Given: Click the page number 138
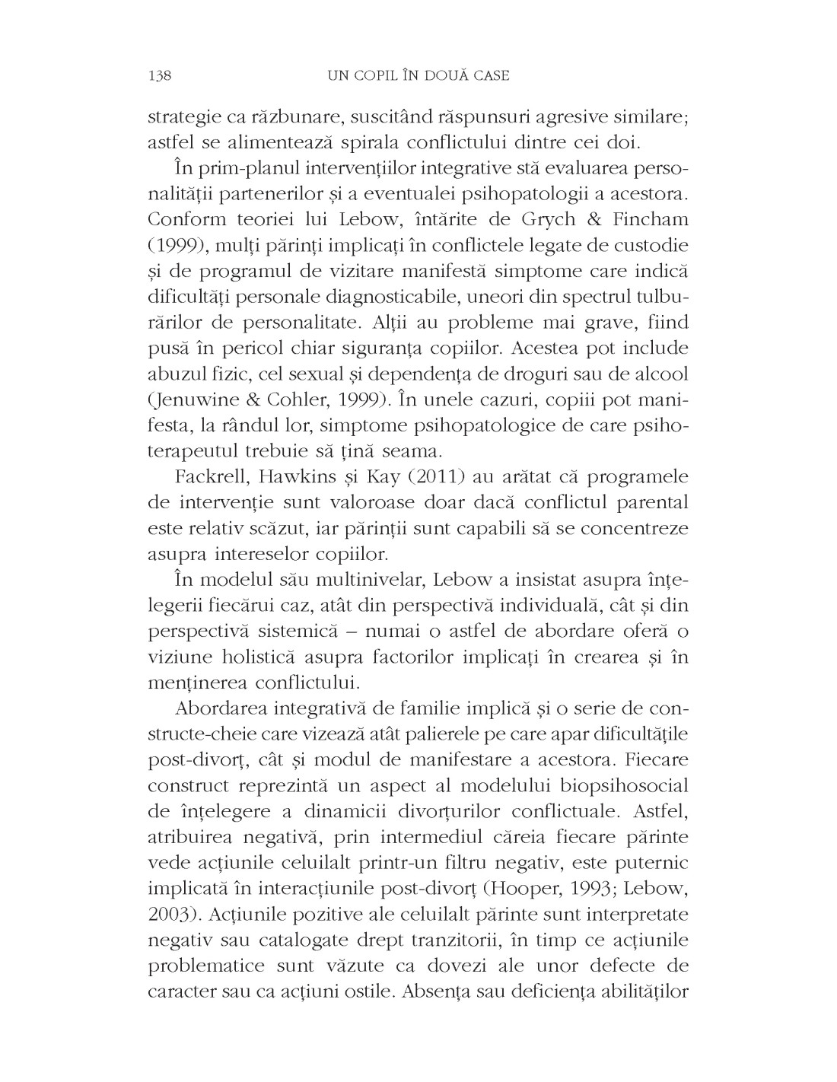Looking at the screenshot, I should click(x=161, y=75).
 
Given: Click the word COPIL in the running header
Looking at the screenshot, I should click(x=374, y=75).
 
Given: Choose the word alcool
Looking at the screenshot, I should click(x=656, y=374).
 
